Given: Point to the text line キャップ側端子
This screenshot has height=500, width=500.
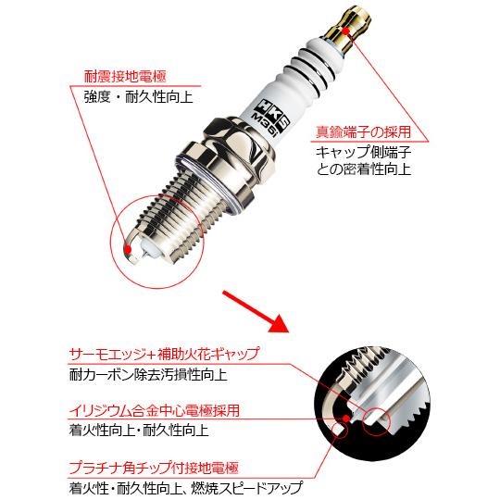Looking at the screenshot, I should pyautogui.click(x=357, y=152).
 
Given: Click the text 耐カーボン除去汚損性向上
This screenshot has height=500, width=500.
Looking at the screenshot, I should pyautogui.click(x=148, y=376).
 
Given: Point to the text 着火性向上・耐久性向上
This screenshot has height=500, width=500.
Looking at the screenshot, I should pyautogui.click(x=139, y=431).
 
